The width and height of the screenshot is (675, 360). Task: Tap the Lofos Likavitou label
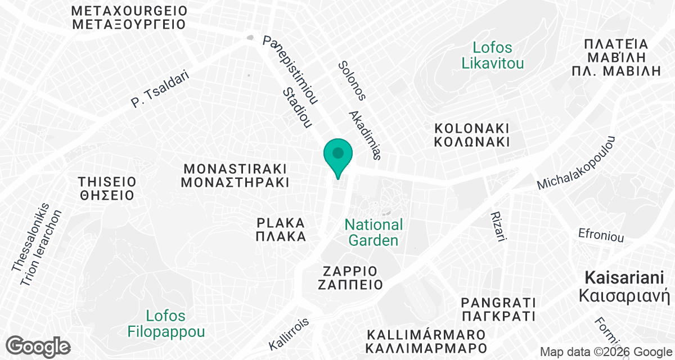coord(492,55)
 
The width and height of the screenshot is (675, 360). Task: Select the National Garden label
coord(373,232)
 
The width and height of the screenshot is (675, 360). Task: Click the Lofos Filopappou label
coord(165,323)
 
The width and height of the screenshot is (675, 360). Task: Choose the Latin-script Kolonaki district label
coord(471,128)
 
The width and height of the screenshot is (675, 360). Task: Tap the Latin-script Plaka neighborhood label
coord(281,223)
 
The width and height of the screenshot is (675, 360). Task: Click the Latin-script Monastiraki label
coord(235,169)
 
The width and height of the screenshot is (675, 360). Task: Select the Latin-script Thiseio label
coord(107,182)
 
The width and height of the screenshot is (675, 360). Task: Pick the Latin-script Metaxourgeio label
coord(129,11)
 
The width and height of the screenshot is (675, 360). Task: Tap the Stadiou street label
coord(297,107)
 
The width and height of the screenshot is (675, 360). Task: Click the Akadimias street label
coord(366,134)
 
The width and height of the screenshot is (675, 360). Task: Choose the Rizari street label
coord(498,227)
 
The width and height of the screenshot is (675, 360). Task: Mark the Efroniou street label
coord(601,235)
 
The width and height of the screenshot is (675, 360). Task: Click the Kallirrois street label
coord(289,334)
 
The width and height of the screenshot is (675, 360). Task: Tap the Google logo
coord(38,346)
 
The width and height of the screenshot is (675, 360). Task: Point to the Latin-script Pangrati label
coord(497,301)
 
